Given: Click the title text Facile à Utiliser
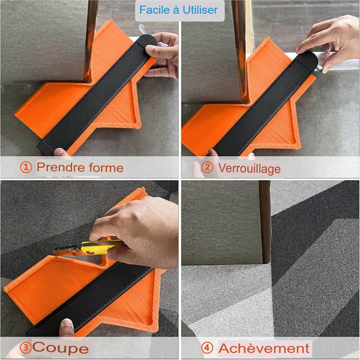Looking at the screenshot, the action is [x=178, y=10].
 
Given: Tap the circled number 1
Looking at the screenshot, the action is [x=26, y=167].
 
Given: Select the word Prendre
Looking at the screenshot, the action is [x=61, y=167].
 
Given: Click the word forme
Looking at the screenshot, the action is [x=106, y=167].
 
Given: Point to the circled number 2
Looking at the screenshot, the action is [x=207, y=167].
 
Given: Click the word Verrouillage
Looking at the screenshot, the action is [x=249, y=169].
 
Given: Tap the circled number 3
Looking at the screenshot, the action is [x=25, y=348].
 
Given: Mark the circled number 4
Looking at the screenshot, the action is [x=207, y=348].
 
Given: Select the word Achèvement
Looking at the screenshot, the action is [x=264, y=348].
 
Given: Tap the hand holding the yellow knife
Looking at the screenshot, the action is [x=138, y=232].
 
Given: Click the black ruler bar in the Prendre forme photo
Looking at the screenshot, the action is [x=96, y=95].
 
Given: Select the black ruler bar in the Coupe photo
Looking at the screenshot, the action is [x=90, y=298].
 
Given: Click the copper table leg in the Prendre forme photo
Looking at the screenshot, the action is [x=90, y=41].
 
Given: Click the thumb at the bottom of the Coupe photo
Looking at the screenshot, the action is [x=67, y=328].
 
